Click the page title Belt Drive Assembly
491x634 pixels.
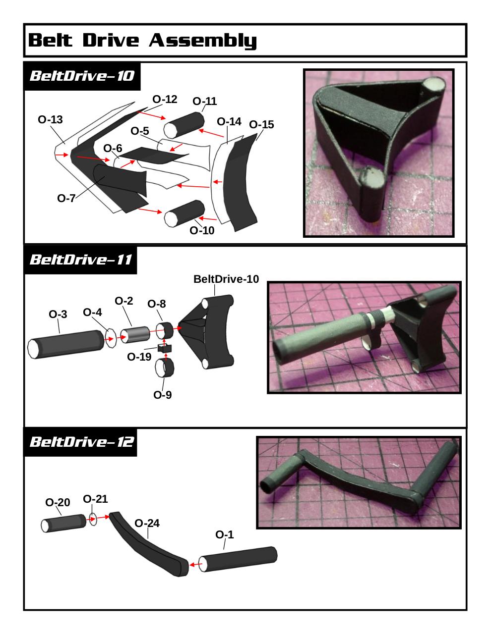(x=142, y=40)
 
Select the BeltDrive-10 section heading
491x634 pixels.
(x=82, y=76)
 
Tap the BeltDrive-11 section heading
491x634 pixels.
(x=81, y=260)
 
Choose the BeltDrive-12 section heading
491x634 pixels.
(x=82, y=442)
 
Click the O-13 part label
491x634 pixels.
(x=50, y=120)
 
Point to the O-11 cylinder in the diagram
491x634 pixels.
(x=184, y=125)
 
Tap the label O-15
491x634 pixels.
(x=261, y=125)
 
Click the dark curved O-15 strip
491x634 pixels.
(x=240, y=182)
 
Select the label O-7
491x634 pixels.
(x=66, y=199)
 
